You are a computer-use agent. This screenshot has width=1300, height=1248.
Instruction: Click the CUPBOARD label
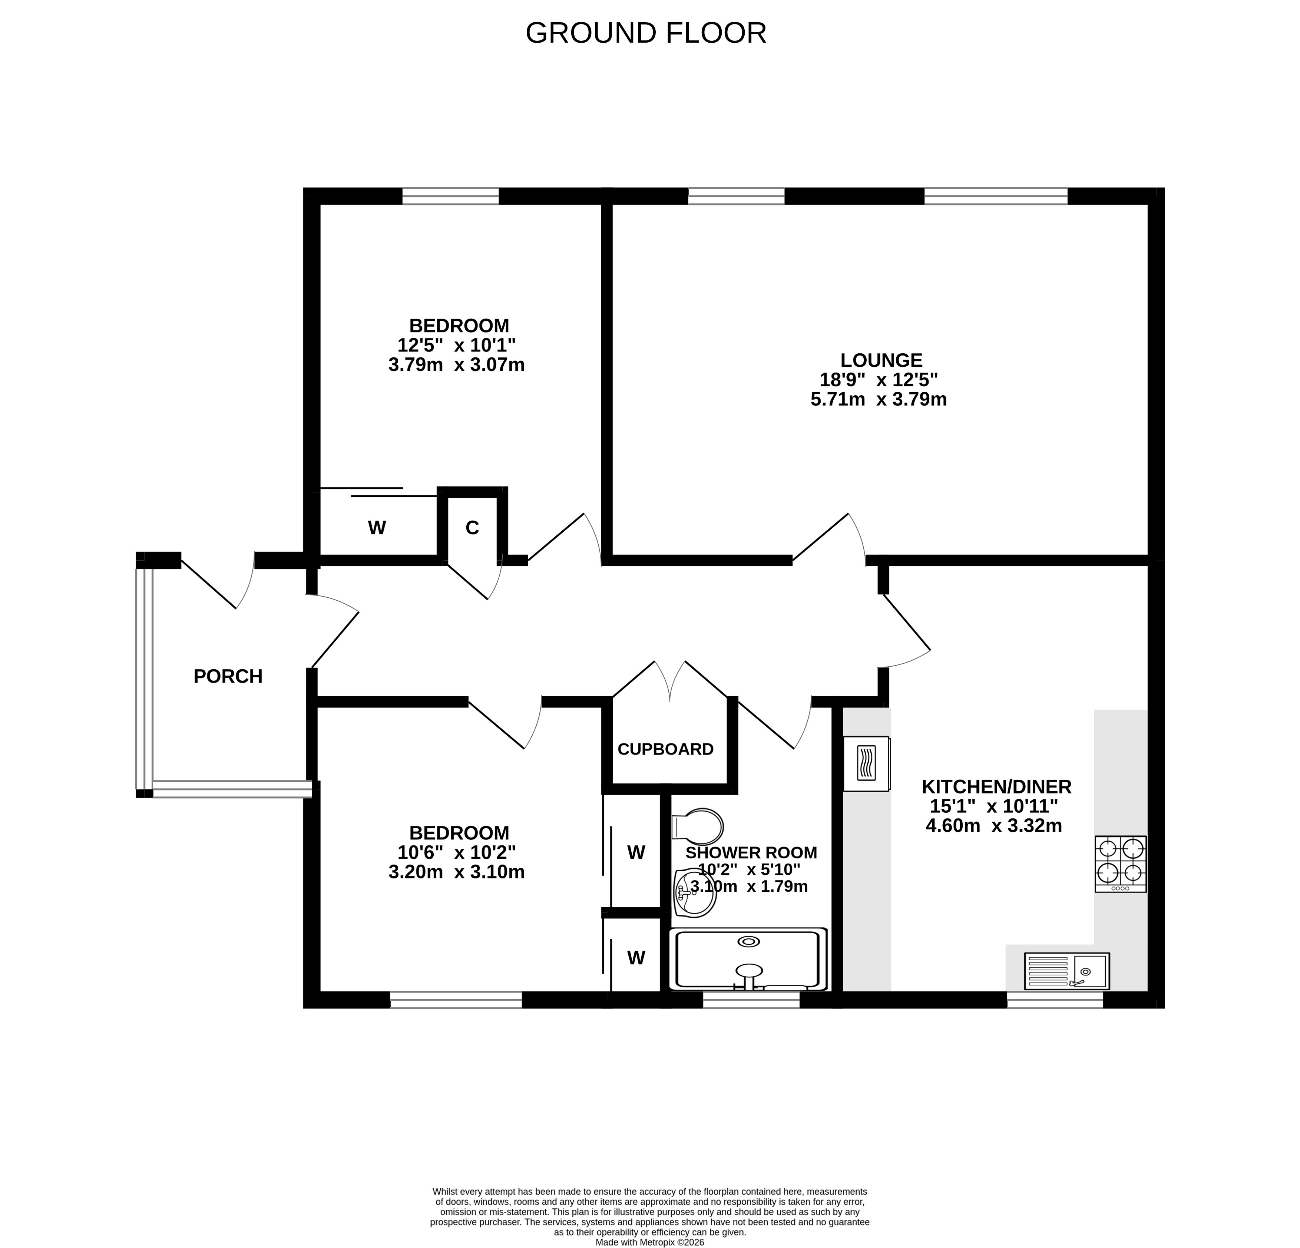[665, 749]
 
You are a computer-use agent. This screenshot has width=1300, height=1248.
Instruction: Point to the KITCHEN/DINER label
[996, 787]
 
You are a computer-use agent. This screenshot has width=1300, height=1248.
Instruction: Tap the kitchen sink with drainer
[1066, 971]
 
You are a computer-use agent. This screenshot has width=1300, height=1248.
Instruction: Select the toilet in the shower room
[697, 827]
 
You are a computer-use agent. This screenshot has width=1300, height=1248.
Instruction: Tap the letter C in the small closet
[472, 528]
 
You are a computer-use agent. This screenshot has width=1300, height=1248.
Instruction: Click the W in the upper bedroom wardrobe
[377, 528]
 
